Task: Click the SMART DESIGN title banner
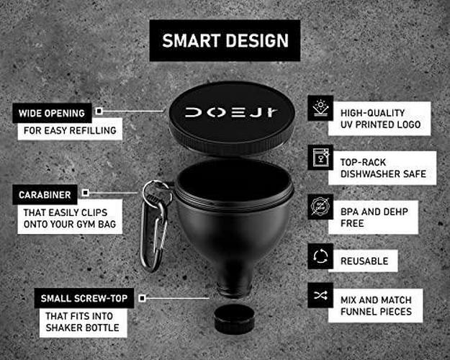(x=225, y=40)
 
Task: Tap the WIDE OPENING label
(x=52, y=113)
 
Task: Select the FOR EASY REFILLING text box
(x=70, y=130)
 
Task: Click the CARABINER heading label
(x=45, y=195)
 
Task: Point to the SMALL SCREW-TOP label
(x=84, y=298)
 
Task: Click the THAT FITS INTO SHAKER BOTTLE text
(x=82, y=322)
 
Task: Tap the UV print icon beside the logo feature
(x=320, y=108)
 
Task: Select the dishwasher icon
(x=320, y=158)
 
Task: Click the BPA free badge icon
(x=320, y=207)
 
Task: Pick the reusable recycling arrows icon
(x=320, y=256)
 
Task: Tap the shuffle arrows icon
(x=320, y=295)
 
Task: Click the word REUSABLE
(x=364, y=261)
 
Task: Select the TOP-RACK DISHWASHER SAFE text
(x=383, y=168)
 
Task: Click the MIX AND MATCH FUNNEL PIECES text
(x=376, y=306)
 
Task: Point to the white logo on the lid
(x=231, y=112)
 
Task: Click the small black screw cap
(x=234, y=319)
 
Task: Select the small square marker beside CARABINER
(x=85, y=193)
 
